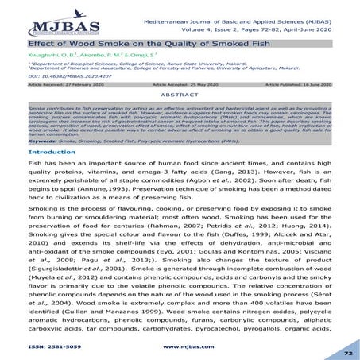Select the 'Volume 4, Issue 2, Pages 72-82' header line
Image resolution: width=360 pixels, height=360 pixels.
click(262, 29)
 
